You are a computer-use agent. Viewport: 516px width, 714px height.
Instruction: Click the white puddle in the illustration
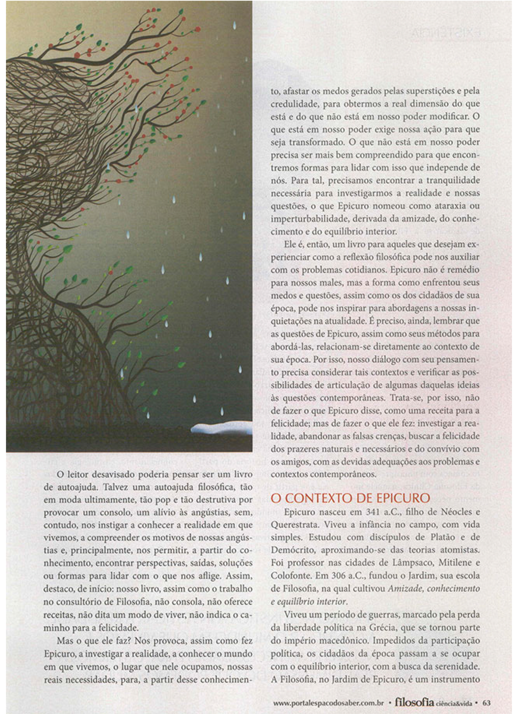point(220,428)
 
